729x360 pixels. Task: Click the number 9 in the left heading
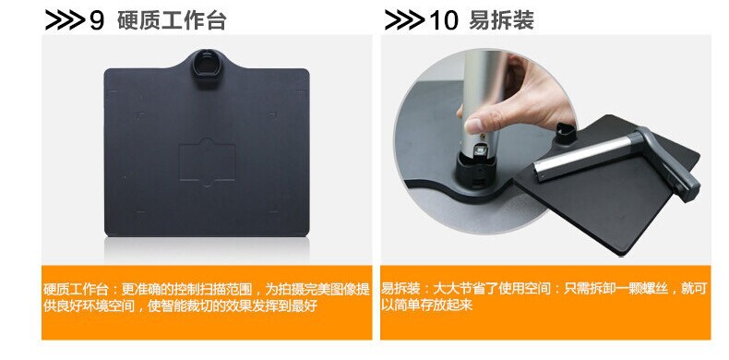point(97,20)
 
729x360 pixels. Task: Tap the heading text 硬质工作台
point(172,20)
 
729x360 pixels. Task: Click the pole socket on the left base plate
point(205,67)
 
